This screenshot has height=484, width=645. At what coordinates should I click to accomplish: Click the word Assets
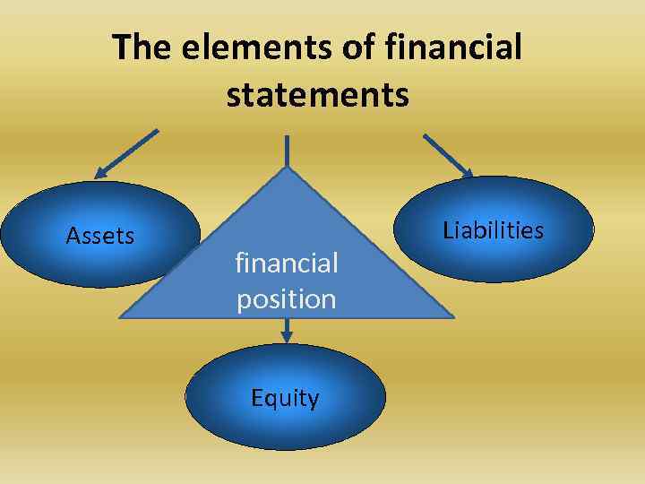coord(100,236)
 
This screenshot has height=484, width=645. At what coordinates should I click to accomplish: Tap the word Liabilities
coord(494,230)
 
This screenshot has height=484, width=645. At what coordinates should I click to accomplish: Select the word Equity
coord(285,398)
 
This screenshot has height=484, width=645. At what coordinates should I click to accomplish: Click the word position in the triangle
coord(287,298)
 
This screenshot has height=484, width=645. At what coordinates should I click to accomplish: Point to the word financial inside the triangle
coord(287,264)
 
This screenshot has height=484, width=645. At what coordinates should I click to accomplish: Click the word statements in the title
coord(318,93)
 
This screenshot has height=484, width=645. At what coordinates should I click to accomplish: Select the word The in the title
coord(143,48)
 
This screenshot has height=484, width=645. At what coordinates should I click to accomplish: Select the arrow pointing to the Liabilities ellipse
coord(448,155)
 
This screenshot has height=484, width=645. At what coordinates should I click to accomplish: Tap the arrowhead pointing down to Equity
coord(287,336)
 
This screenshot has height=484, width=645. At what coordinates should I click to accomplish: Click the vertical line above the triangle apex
coord(287,151)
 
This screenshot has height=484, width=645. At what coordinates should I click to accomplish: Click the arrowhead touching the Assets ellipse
coord(101,174)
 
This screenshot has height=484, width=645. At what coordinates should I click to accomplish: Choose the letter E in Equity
coord(257,398)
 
